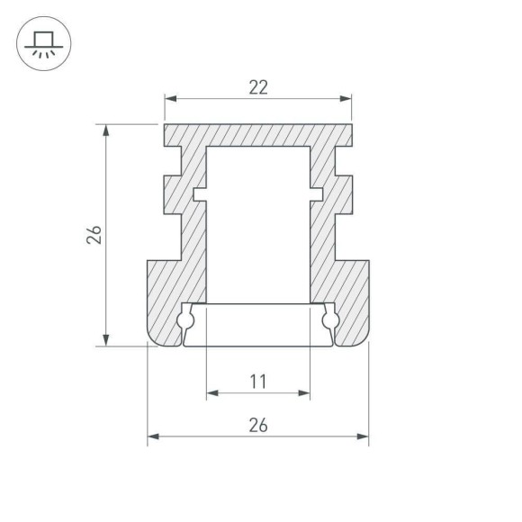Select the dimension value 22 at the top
[257, 87]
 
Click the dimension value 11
[257, 381]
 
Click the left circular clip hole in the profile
[186, 319]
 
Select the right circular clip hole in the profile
[329, 319]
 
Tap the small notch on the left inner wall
[199, 193]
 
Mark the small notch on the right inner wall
[317, 193]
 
